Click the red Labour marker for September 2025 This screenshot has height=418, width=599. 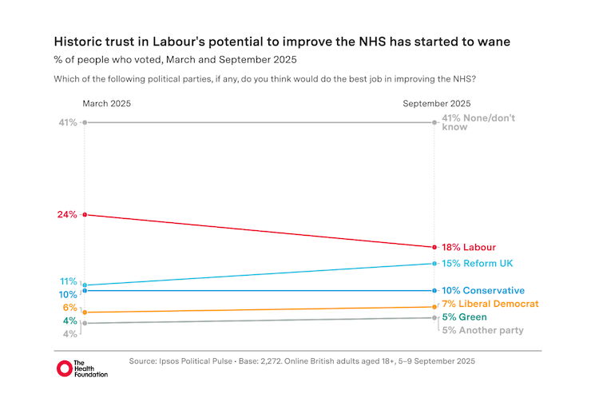pos(434,248)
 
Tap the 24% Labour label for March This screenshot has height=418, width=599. pos(67,214)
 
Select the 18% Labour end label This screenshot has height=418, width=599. pos(469,248)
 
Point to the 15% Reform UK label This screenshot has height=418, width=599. pos(477,263)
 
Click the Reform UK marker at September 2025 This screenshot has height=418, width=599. pos(434,263)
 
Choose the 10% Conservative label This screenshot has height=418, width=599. pos(482,290)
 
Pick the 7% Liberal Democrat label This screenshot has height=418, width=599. pos(490,304)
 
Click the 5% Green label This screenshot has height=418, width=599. pos(464,317)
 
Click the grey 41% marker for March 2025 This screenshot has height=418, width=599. pos(84,122)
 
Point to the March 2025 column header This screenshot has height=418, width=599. pos(106,104)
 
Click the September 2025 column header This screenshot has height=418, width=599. pos(436,104)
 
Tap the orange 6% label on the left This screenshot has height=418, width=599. pos(70,308)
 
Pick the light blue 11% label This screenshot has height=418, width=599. pos(68,281)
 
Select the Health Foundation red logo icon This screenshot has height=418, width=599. pos(64,368)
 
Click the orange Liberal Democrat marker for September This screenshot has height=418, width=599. pos(434,306)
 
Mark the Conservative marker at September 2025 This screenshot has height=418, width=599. pos(434,291)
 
